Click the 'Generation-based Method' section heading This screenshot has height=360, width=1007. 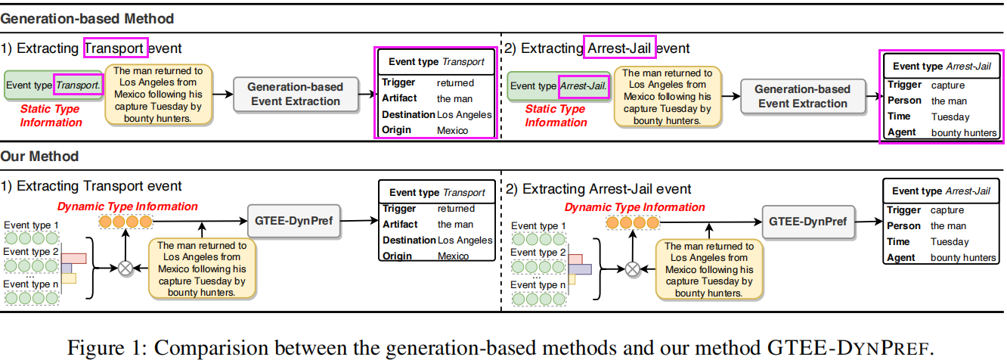88,18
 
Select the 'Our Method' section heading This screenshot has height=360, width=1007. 40,157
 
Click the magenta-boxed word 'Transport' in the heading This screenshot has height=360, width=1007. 116,48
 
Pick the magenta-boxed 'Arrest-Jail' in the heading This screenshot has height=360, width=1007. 619,48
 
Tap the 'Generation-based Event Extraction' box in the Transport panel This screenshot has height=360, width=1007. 295,94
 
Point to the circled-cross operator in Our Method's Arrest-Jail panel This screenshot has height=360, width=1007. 633,268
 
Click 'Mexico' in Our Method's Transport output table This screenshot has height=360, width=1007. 453,256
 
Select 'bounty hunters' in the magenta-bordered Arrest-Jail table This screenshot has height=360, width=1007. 963,132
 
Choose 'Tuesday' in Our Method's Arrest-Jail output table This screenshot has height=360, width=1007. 949,242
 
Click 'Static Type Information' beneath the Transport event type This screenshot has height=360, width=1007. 51,116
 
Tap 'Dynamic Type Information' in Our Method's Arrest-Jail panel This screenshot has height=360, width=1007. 634,207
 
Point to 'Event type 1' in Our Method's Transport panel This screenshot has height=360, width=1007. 31,225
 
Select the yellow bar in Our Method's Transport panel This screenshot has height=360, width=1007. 70,278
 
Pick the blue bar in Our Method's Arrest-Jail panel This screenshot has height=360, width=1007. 580,268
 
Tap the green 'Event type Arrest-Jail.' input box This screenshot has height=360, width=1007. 560,86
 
